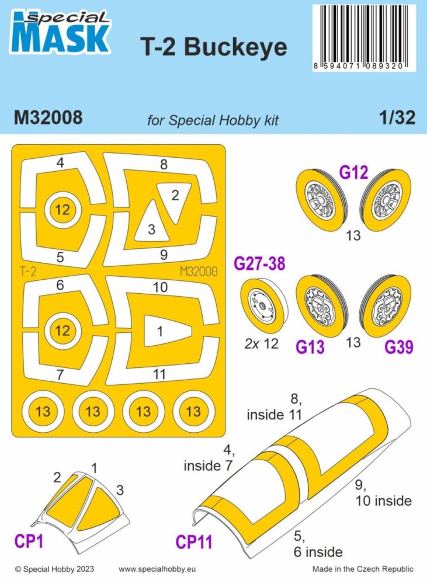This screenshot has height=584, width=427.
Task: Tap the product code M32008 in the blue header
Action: [48, 118]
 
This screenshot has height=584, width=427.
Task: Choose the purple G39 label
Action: [399, 347]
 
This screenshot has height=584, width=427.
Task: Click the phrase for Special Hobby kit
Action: [213, 120]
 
